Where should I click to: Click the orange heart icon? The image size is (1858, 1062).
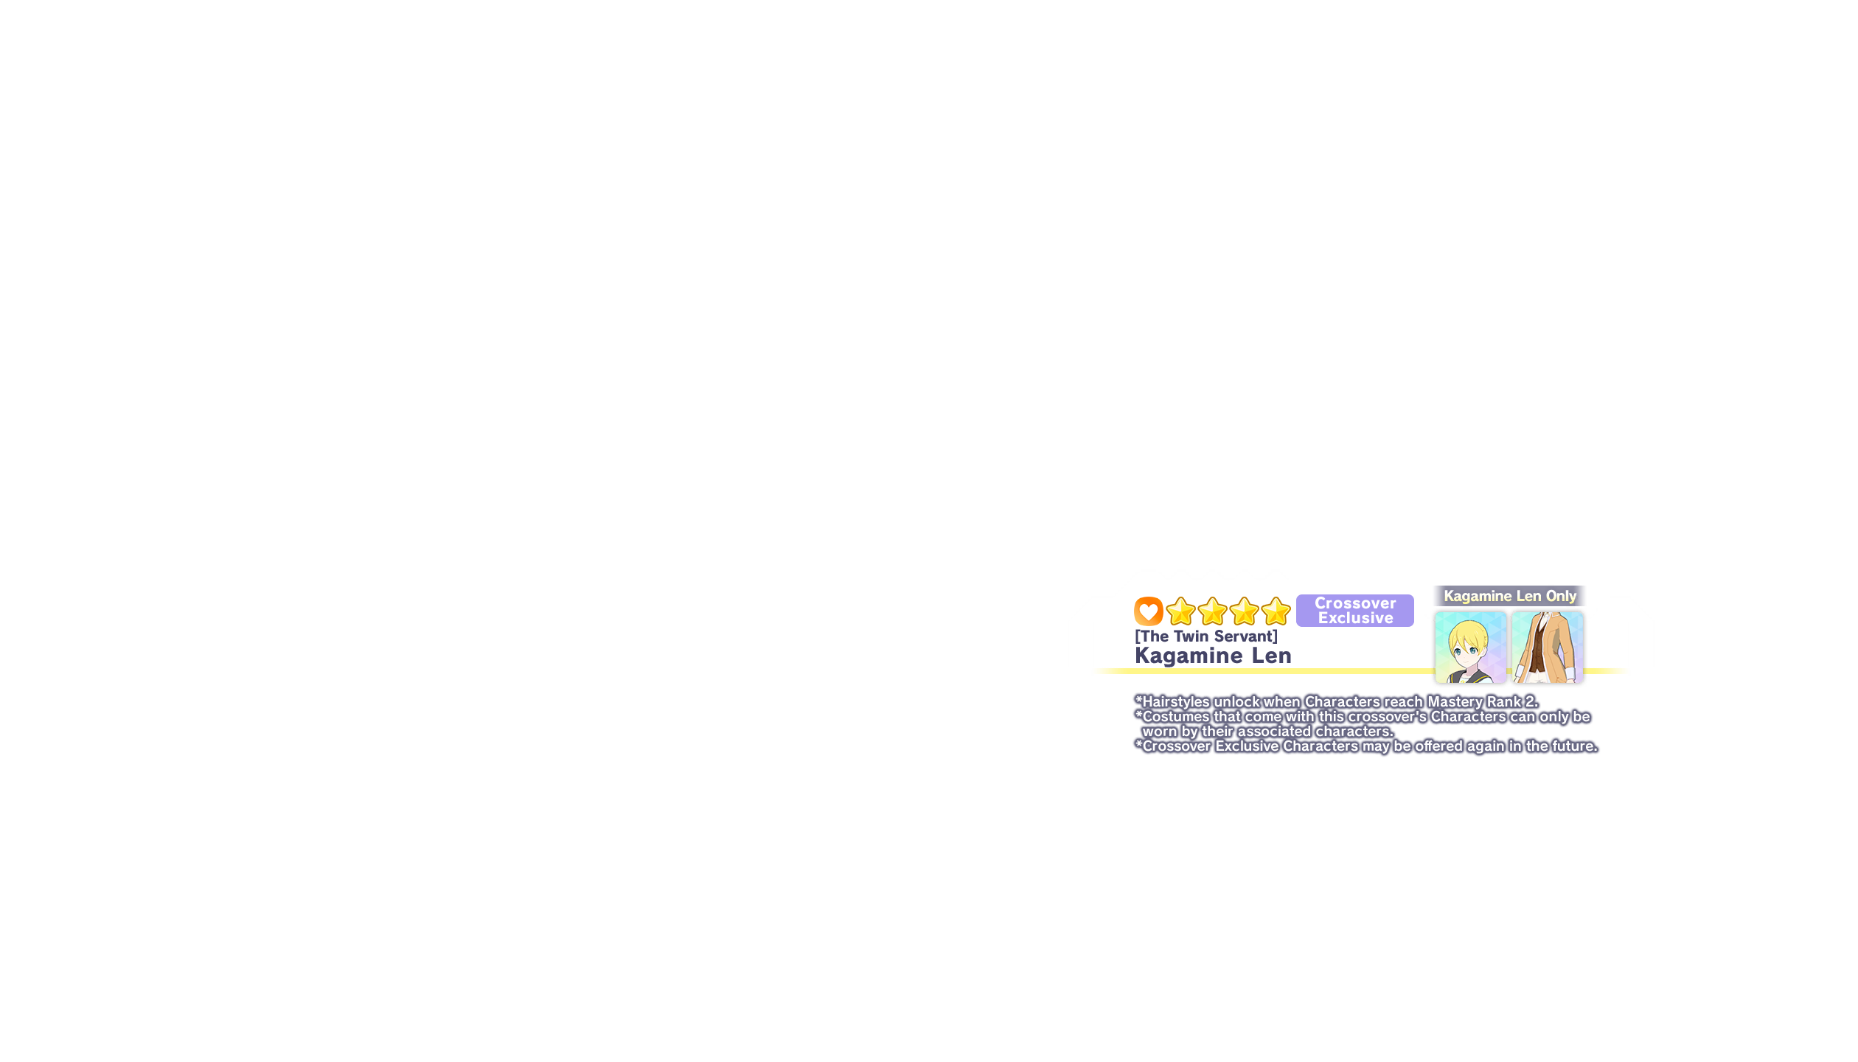pos(1148,611)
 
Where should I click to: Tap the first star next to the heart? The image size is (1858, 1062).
pos(1180,611)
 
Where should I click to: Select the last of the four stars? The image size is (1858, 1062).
pos(1276,611)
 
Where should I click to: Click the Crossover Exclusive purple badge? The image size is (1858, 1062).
pos(1355,610)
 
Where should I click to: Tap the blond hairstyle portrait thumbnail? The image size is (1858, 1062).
pos(1470,648)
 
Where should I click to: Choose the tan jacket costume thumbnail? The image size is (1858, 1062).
pos(1547,648)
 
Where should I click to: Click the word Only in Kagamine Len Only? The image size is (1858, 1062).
pos(1561,596)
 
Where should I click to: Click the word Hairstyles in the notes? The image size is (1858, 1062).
pos(1176,702)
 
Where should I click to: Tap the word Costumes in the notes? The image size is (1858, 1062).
pos(1176,717)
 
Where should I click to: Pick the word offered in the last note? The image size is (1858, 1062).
pos(1439,746)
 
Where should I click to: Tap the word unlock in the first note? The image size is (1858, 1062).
pos(1236,702)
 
